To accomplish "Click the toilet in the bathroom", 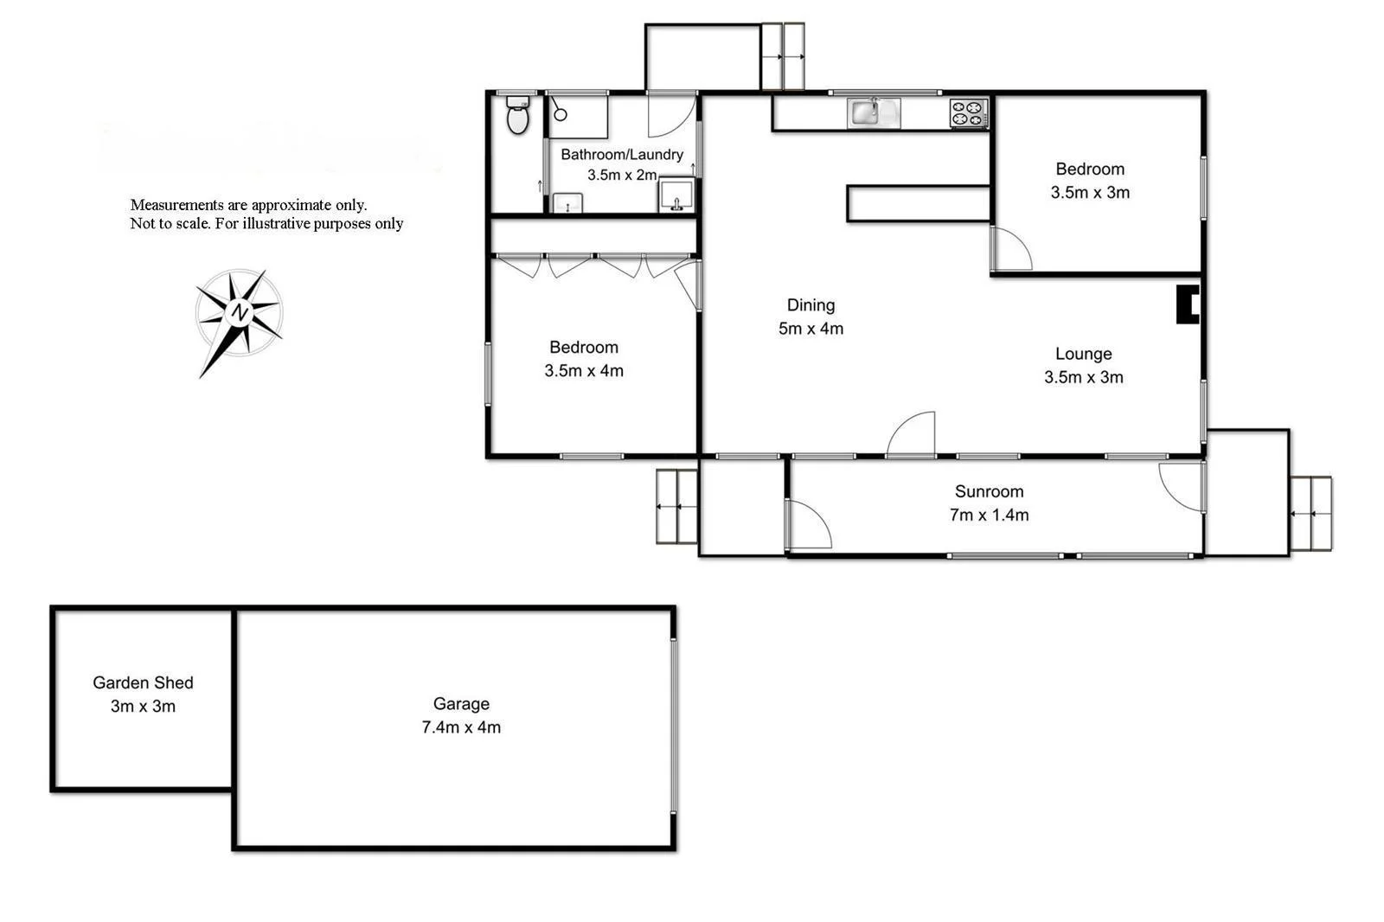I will (x=517, y=116).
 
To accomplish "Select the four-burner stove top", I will (x=969, y=113).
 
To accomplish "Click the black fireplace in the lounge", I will (x=1188, y=304).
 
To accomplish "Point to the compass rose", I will (x=239, y=313).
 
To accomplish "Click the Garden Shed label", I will (x=143, y=682).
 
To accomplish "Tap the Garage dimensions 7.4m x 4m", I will (x=461, y=727).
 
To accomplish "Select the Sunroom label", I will (x=989, y=491).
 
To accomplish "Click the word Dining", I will (x=811, y=304).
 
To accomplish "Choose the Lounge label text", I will (x=1083, y=354).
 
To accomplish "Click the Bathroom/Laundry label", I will (x=621, y=155).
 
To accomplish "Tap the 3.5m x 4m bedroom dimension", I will (x=584, y=371).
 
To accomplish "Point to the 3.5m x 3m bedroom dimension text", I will (x=1090, y=193).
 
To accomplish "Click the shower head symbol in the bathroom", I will (x=560, y=113).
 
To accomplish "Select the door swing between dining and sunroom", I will (x=913, y=434).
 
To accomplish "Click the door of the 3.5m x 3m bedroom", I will (x=1010, y=249).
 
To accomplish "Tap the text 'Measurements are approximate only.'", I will (x=248, y=205).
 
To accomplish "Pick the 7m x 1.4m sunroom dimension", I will (x=989, y=515).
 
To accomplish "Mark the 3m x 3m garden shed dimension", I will (x=143, y=707).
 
